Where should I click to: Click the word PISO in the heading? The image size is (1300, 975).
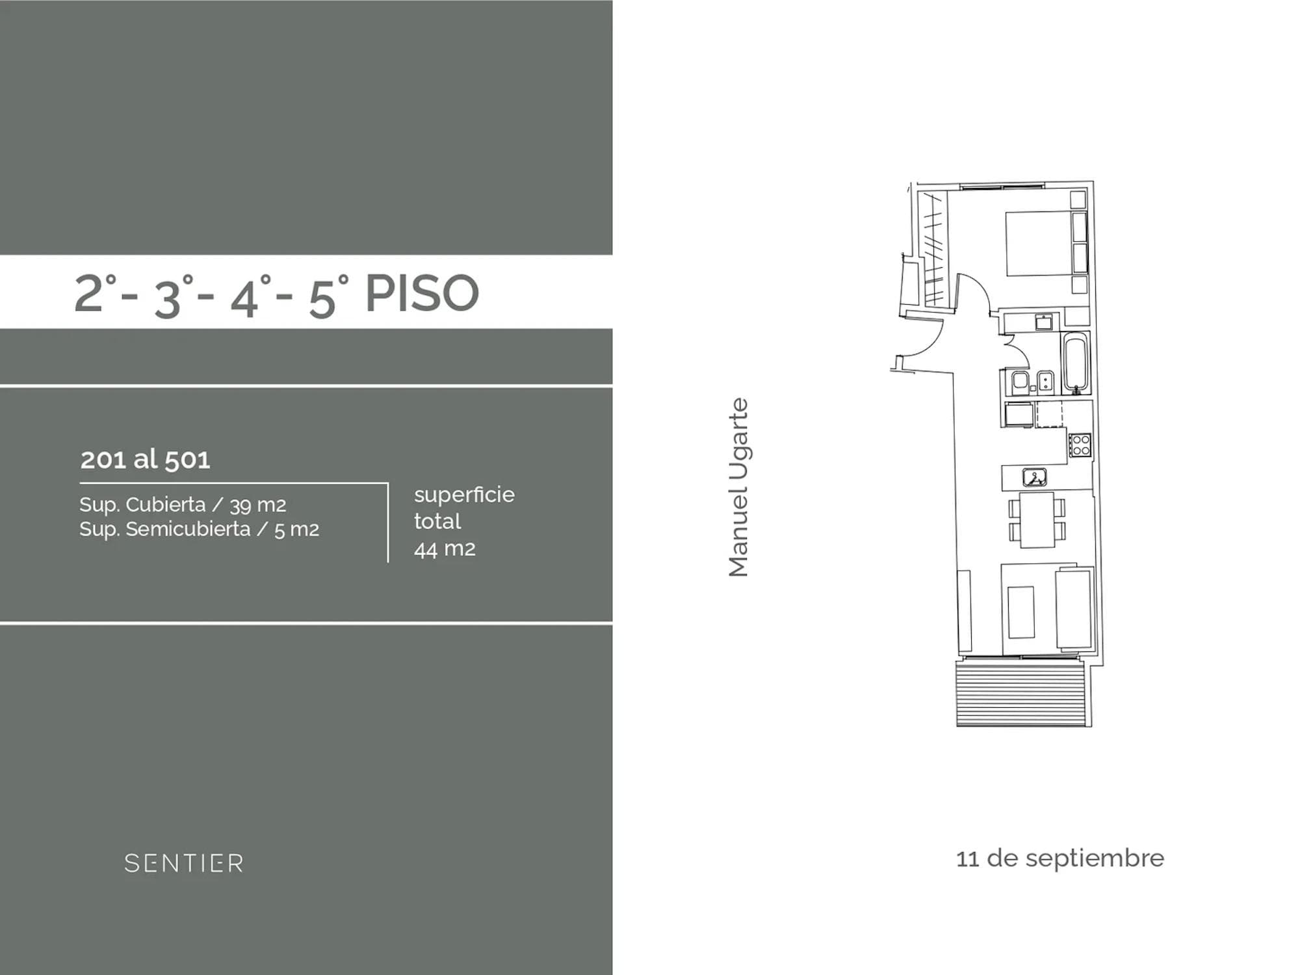point(422,293)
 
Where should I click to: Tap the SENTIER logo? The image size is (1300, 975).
point(184,863)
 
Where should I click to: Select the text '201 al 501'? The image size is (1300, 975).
point(145,460)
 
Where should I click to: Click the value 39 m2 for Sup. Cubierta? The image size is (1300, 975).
point(257,505)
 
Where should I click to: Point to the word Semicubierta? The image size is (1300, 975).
point(188,529)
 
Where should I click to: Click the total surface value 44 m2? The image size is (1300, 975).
point(445,549)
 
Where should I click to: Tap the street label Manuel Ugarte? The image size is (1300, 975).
point(738,487)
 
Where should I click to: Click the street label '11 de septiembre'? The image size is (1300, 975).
point(1060,858)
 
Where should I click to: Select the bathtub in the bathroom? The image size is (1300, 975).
point(1076,362)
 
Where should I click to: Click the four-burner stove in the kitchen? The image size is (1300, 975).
point(1080,445)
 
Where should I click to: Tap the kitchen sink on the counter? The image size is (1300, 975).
point(1034,478)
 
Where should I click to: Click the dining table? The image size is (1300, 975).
point(1037,519)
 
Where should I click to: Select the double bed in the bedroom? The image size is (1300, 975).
point(1038,243)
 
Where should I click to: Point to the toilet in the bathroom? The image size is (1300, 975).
point(1019,383)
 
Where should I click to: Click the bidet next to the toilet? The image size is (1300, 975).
point(1046,382)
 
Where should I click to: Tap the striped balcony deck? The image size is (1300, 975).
point(1020,692)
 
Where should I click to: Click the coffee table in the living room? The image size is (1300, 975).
point(1021,612)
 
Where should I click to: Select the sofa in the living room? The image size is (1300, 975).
point(1074,609)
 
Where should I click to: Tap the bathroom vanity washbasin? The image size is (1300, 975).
point(1044,322)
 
